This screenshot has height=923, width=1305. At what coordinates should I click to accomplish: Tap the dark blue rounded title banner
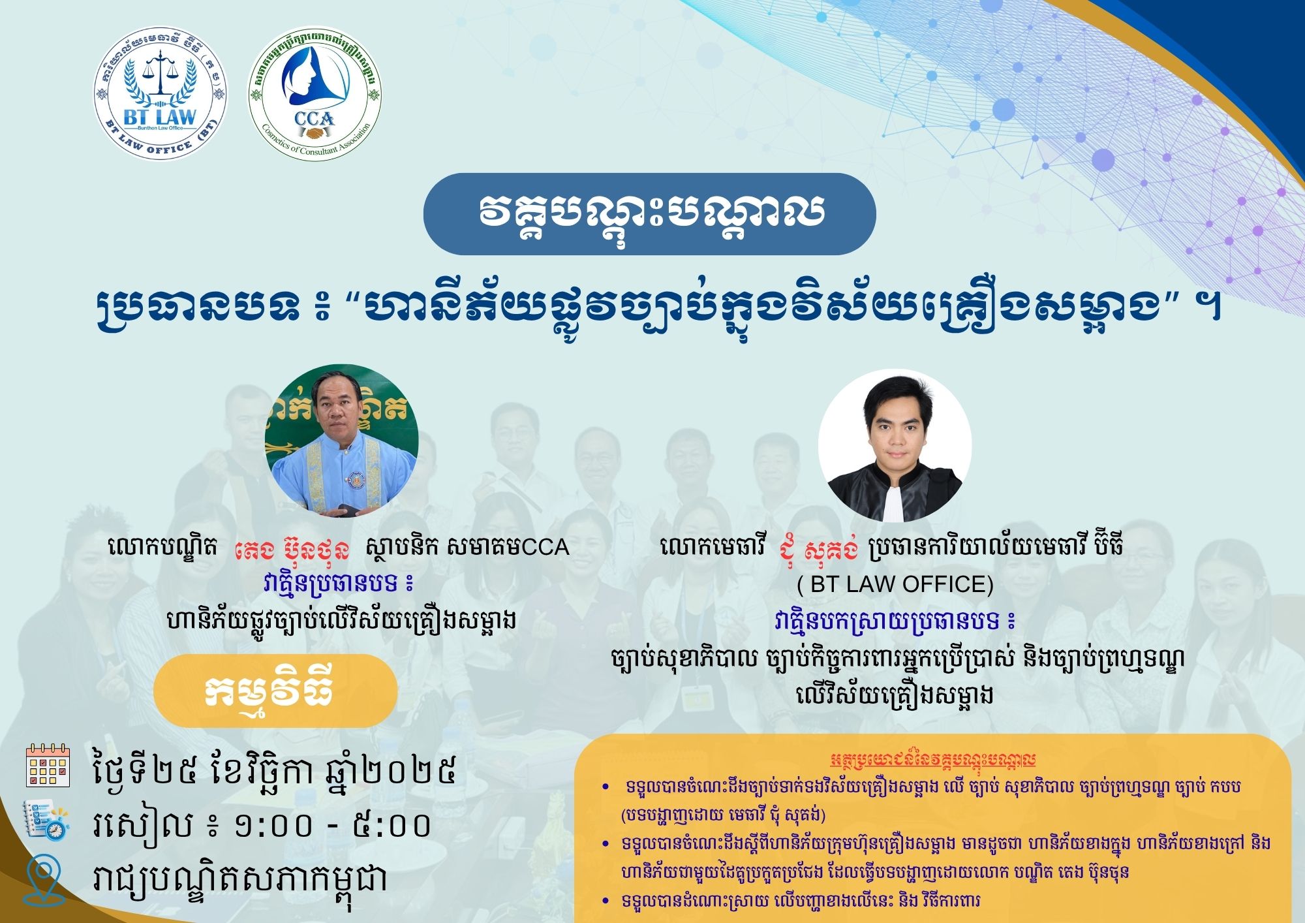pyautogui.click(x=649, y=213)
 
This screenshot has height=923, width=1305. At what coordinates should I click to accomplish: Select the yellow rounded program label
pyautogui.click(x=275, y=691)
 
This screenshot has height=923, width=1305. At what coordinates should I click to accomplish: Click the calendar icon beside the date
pyautogui.click(x=48, y=765)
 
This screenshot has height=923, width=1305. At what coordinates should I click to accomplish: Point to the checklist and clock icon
pyautogui.click(x=46, y=821)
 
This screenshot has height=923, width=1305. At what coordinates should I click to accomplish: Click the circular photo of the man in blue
pyautogui.click(x=341, y=441)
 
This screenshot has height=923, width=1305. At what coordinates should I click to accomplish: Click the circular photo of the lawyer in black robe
pyautogui.click(x=895, y=445)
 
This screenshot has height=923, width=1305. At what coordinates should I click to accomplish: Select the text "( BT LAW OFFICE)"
pyautogui.click(x=895, y=584)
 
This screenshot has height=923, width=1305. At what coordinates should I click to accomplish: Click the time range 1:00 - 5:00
pyautogui.click(x=333, y=825)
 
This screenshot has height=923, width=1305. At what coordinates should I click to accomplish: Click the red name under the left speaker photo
pyautogui.click(x=292, y=548)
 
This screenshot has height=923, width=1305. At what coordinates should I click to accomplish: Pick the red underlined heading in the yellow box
pyautogui.click(x=933, y=759)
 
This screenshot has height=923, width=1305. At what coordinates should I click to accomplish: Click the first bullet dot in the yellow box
pyautogui.click(x=606, y=788)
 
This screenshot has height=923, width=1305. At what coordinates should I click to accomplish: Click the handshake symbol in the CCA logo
pyautogui.click(x=315, y=133)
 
